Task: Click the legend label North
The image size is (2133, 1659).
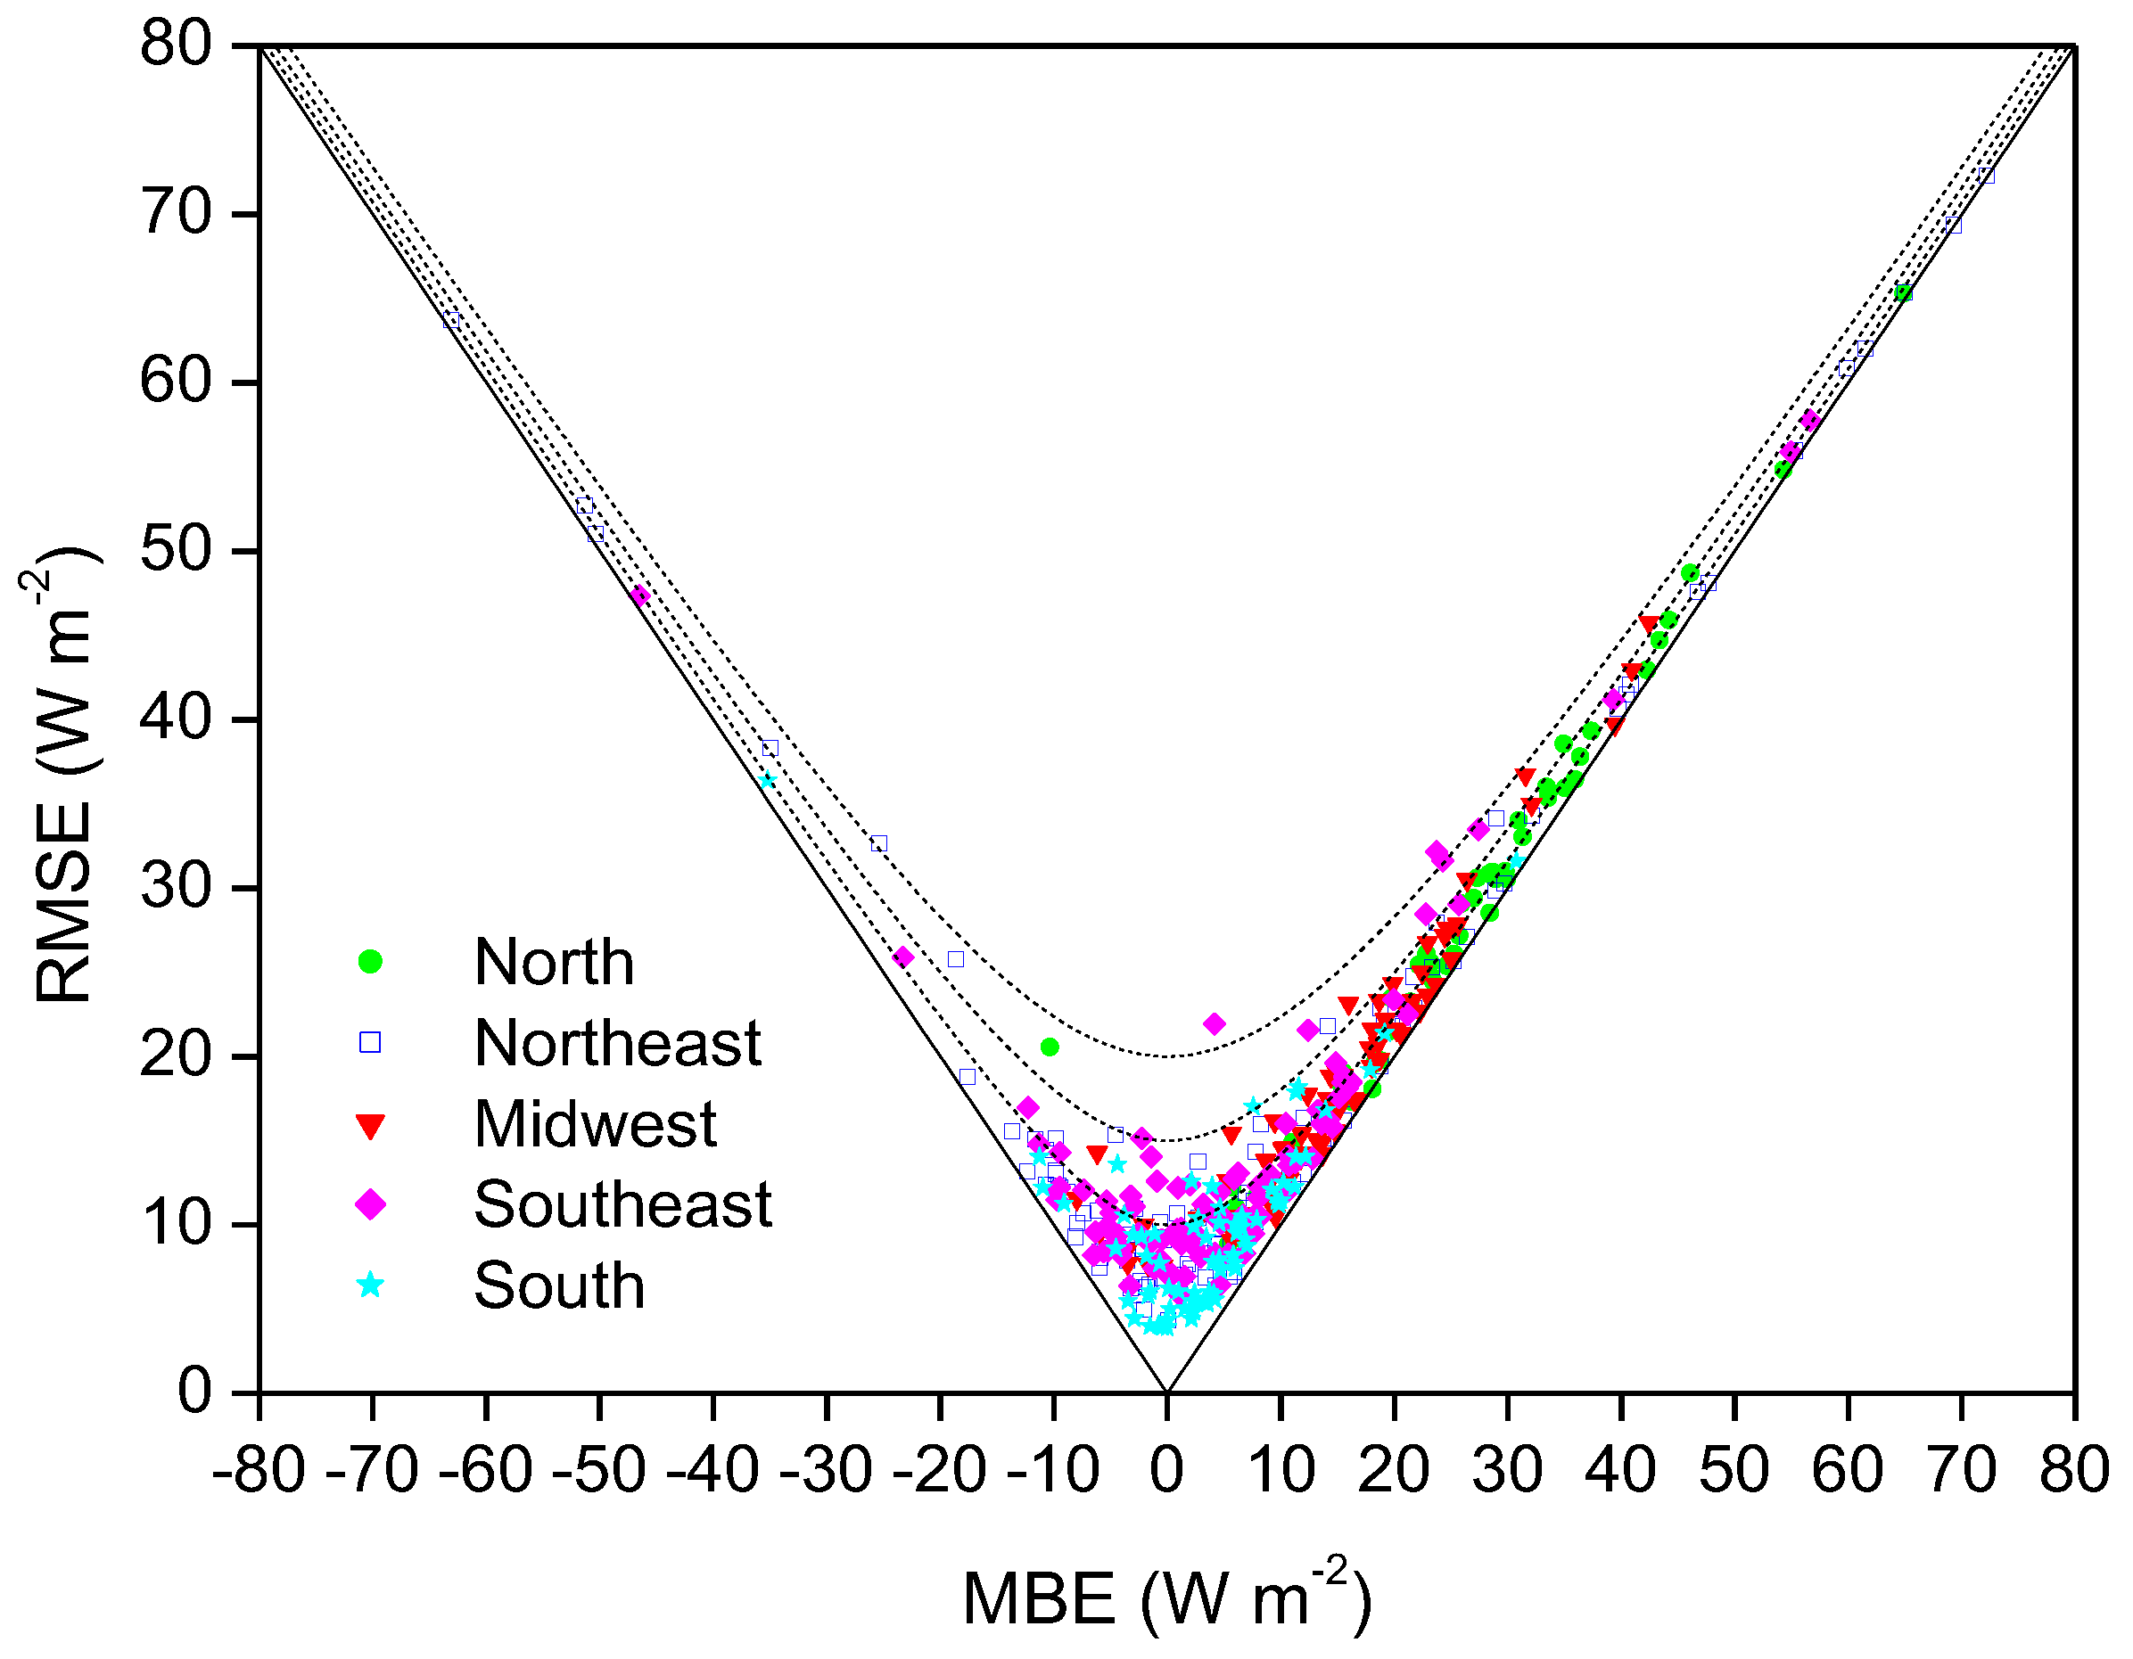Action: click(554, 963)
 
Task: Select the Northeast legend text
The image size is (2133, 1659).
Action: click(617, 1043)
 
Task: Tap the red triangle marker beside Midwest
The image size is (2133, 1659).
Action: click(370, 1126)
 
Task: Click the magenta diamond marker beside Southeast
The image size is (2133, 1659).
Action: click(370, 1205)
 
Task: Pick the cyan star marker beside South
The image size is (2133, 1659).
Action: click(370, 1285)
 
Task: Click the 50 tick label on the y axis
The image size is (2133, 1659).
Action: click(176, 551)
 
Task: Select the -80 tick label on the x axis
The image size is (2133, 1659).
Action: click(259, 1471)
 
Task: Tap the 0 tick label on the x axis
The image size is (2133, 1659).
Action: click(1166, 1471)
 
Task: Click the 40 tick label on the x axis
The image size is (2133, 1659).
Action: click(1620, 1471)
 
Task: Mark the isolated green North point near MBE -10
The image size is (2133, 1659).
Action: click(1050, 1047)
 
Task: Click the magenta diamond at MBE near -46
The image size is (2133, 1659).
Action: click(639, 595)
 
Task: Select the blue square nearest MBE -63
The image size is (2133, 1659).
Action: click(451, 319)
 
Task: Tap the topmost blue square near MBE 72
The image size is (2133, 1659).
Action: click(1986, 176)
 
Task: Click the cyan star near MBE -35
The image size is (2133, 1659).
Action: click(768, 780)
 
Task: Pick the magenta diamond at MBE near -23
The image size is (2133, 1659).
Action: click(903, 957)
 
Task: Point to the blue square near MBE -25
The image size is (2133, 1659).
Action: click(879, 843)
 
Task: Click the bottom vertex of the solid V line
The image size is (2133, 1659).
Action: click(1166, 1391)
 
